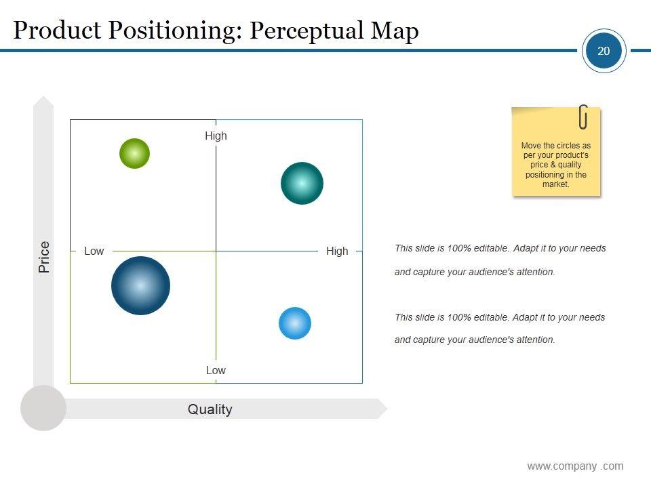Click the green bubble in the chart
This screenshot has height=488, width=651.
(134, 154)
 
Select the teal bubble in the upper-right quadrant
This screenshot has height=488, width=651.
(302, 183)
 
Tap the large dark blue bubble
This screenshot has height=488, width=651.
(141, 285)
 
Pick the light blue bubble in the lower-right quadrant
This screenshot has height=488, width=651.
(295, 323)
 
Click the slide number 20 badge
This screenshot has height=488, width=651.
(604, 51)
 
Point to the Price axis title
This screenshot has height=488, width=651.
(44, 257)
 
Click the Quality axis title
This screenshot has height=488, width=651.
(210, 409)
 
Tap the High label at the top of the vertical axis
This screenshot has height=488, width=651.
(216, 136)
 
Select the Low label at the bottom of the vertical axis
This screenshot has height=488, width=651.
(216, 370)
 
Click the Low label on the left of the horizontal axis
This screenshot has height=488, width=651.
(94, 251)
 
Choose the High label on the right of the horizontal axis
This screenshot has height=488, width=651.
(337, 251)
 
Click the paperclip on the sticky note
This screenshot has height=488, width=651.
(583, 117)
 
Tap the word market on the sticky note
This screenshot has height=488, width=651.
(555, 184)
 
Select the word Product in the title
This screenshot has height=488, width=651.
(57, 30)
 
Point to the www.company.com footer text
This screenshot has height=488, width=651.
(576, 466)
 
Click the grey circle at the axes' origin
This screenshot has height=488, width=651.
(43, 408)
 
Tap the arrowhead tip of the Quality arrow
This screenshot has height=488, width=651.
(387, 409)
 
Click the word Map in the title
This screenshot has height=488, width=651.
(395, 31)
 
